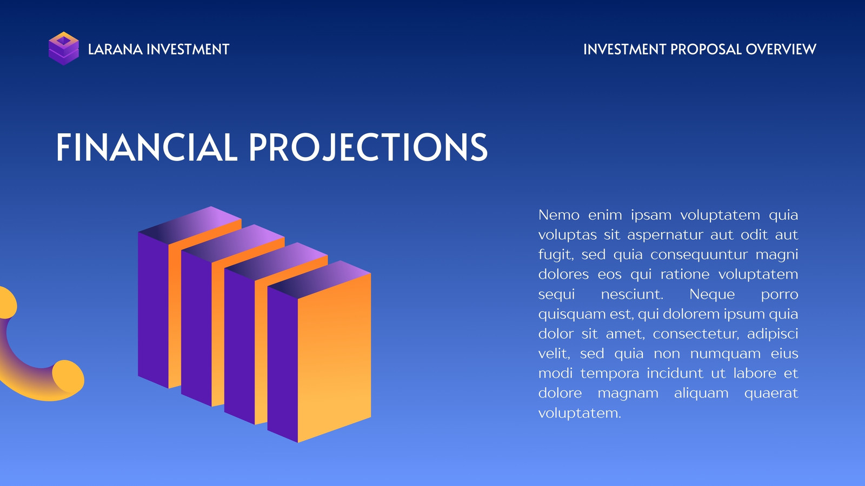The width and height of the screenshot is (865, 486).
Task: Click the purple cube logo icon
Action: (64, 49)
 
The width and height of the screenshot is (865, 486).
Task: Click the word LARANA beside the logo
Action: (116, 49)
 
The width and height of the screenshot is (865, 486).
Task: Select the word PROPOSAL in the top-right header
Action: (706, 49)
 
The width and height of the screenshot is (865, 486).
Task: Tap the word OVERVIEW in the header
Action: (781, 49)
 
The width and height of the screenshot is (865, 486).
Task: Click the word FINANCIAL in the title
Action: (147, 147)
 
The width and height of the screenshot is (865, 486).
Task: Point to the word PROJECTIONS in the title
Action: (368, 147)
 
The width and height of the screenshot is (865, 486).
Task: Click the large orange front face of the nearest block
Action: (335, 357)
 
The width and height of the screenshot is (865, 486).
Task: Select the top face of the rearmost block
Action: (190, 225)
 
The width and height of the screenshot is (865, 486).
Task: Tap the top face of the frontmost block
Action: (320, 280)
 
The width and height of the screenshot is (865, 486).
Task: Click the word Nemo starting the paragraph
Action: (559, 215)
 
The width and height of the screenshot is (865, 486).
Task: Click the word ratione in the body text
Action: (685, 274)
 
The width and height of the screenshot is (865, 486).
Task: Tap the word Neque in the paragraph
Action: (712, 294)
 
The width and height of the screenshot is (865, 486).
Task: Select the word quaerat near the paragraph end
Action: (771, 394)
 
